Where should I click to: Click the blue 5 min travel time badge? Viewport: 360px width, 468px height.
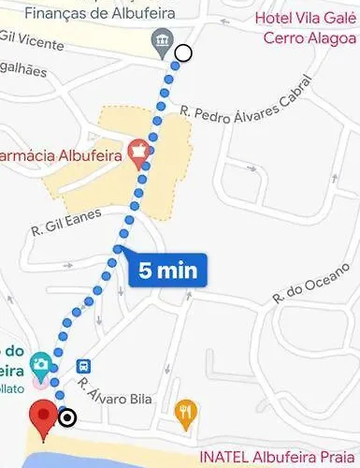point(169,271)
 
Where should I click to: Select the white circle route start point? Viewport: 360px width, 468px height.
point(183,53)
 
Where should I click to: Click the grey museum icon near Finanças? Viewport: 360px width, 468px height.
point(163,40)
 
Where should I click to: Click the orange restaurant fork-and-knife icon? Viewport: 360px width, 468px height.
point(187,409)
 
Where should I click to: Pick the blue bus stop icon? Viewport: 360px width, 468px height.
point(84,365)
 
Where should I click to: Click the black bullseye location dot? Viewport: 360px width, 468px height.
point(67,417)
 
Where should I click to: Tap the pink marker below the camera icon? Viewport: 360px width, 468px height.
point(38,382)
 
